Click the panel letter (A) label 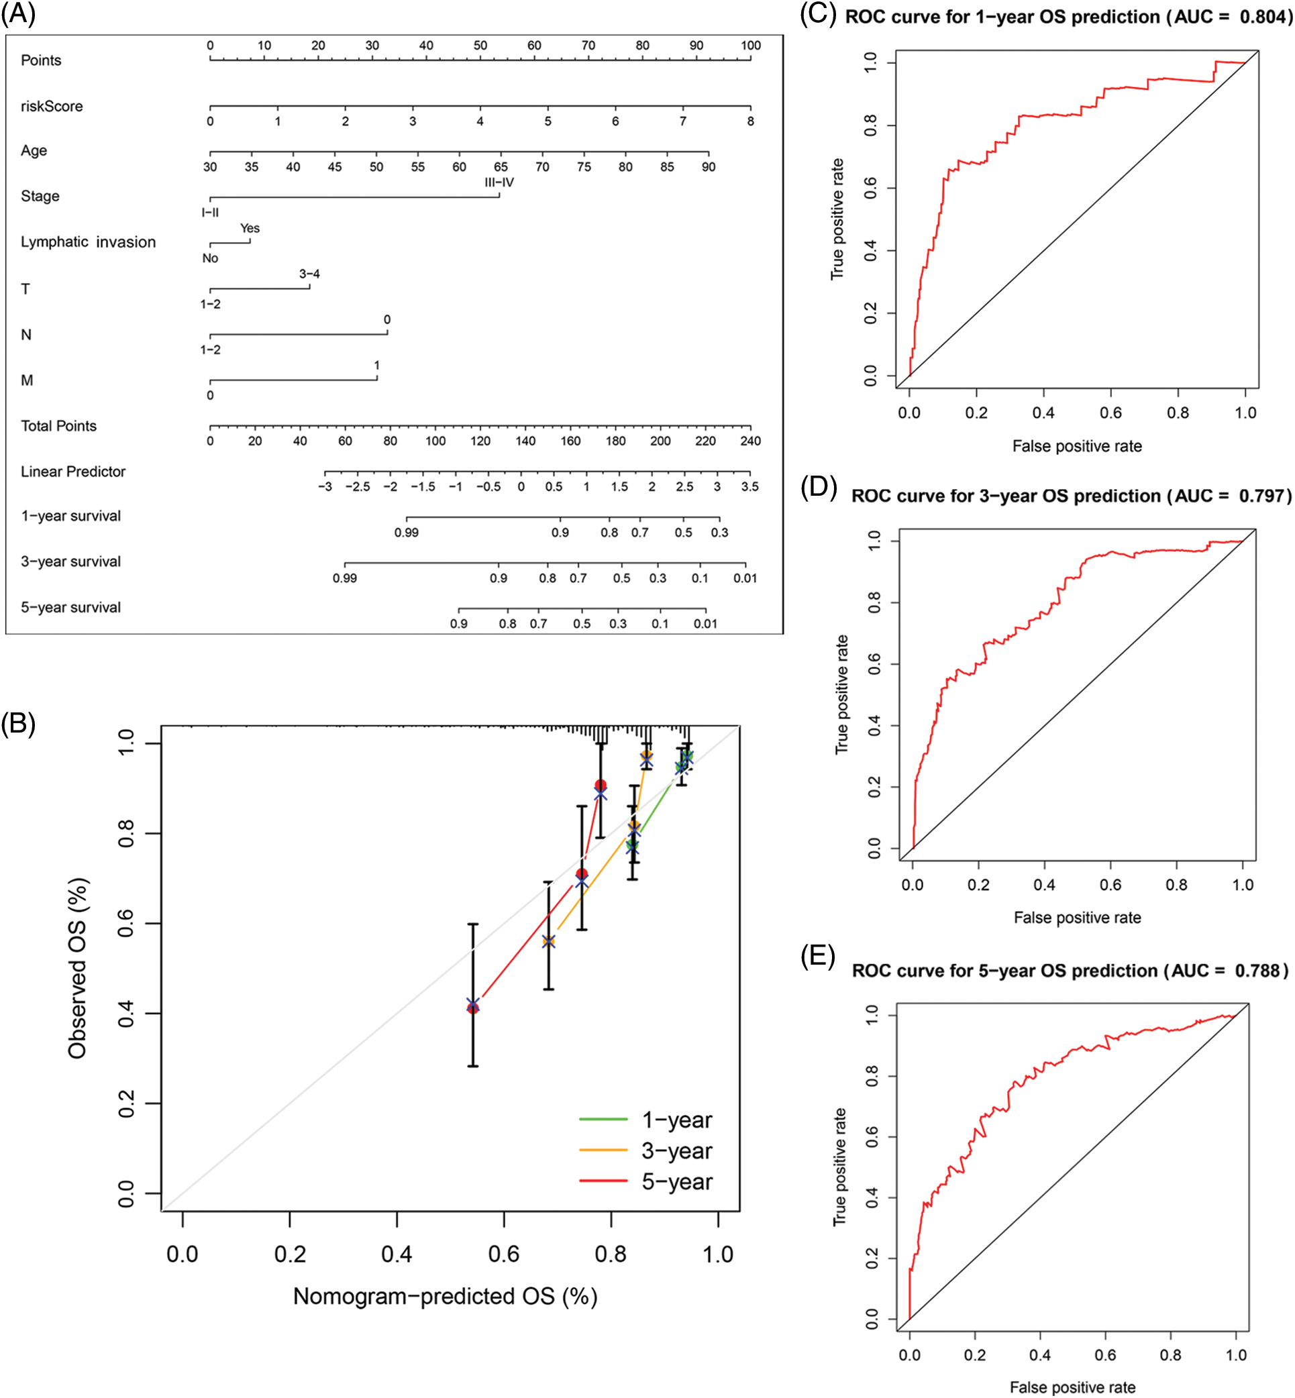[x=18, y=13]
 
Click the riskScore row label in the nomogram [x=52, y=107]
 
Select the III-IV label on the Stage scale [x=499, y=182]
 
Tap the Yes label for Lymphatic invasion [x=250, y=229]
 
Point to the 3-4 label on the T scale [x=309, y=274]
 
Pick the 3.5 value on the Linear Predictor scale [x=749, y=486]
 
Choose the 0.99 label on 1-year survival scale [x=407, y=533]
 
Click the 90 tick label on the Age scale [x=709, y=167]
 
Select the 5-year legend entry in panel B [x=676, y=1181]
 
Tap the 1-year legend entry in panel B [x=676, y=1120]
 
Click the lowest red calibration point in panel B [x=473, y=1007]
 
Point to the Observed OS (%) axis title [x=78, y=968]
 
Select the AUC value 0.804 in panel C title [x=1264, y=17]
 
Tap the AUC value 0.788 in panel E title [x=1259, y=971]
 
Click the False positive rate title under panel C [x=1076, y=446]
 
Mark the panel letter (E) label [x=818, y=956]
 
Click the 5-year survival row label [x=70, y=608]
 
